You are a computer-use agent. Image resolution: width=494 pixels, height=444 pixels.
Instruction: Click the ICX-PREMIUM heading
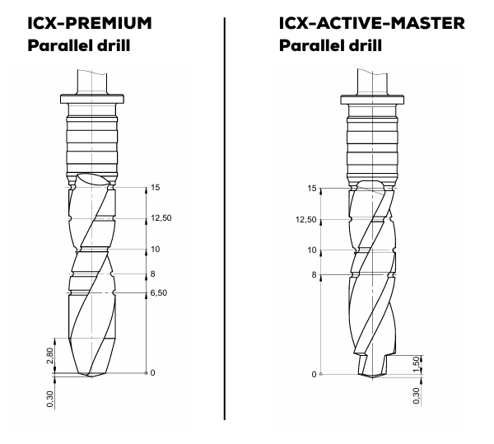80,21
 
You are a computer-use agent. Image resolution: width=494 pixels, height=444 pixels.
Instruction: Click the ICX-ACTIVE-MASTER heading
363,21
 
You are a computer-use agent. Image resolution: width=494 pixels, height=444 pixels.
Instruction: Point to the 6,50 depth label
158,292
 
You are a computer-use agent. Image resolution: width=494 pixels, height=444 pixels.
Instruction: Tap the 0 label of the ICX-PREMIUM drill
152,373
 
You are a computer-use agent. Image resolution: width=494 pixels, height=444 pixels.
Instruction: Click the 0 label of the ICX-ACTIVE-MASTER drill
314,375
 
